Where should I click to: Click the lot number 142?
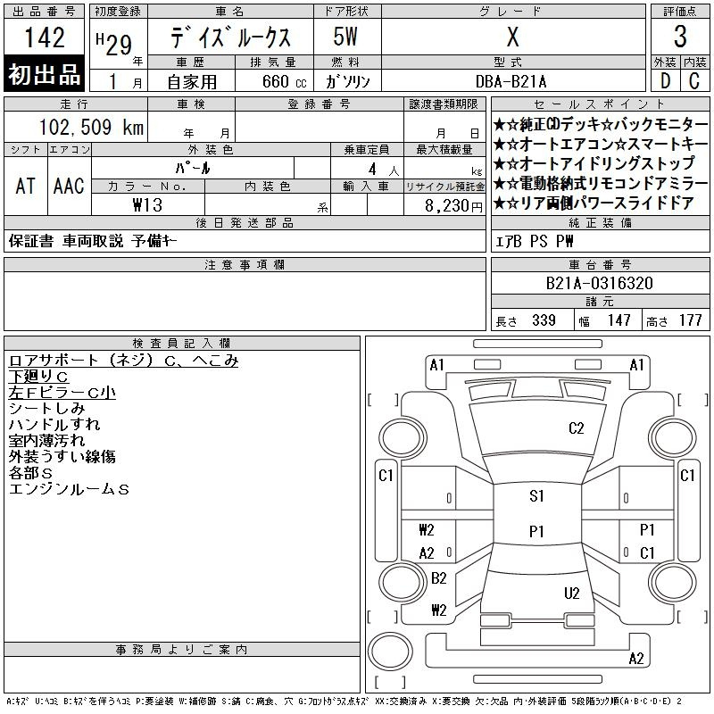(45, 37)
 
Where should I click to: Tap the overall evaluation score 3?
(680, 37)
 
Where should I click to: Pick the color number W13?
(148, 204)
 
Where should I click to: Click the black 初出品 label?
(45, 75)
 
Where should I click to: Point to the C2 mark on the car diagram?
(576, 428)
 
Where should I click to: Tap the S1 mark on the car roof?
(536, 497)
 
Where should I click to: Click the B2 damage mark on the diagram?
(438, 578)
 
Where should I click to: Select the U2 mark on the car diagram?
(572, 594)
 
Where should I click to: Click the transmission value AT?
(25, 186)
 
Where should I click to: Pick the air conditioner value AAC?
(69, 186)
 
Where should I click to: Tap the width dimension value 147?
(619, 320)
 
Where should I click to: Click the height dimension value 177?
(690, 320)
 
